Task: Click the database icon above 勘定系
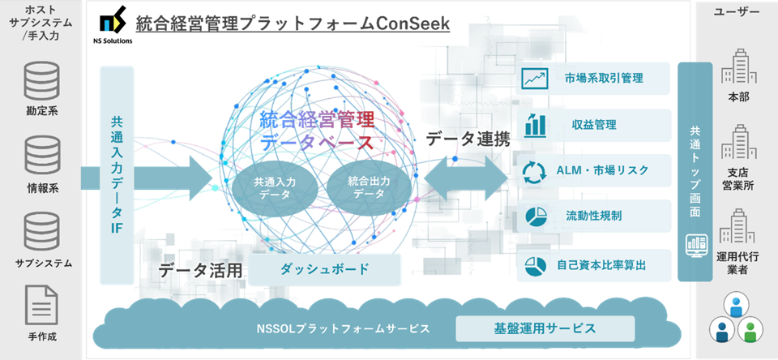pos(42,81)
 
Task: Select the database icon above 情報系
pos(42,154)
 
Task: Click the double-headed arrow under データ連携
pos(467,178)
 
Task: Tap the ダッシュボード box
pos(324,269)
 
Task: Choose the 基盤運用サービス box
pos(545,328)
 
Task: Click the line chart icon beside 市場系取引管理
pos(534,79)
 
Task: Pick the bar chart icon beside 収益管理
pos(536,125)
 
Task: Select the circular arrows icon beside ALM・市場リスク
pos(535,170)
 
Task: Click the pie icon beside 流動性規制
pos(536,216)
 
